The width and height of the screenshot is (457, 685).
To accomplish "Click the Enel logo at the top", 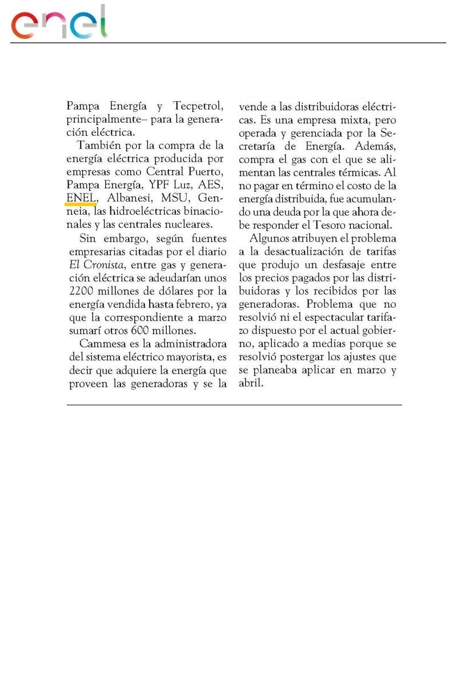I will (59, 23).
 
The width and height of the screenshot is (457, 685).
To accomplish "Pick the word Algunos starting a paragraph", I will (274, 238).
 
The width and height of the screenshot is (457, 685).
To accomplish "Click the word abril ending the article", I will (251, 384).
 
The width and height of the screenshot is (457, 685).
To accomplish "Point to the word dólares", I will (175, 291).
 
